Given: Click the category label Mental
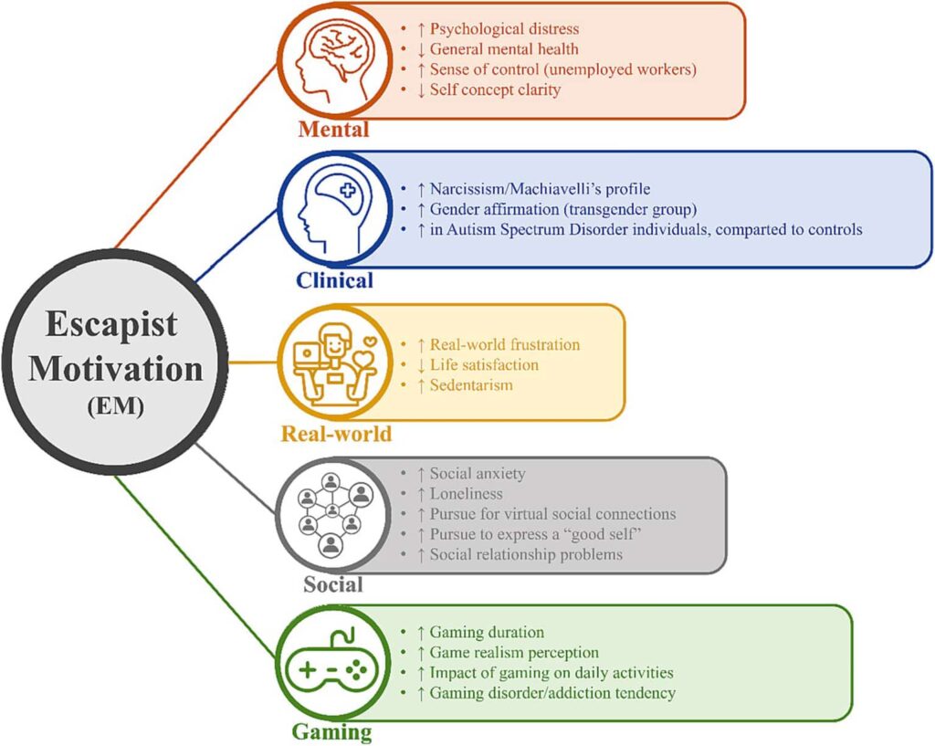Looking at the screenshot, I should pos(333,130).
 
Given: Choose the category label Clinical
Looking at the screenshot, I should pos(333,279).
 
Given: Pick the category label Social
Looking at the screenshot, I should pos(332,584).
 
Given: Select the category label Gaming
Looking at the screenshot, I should pos(332,731).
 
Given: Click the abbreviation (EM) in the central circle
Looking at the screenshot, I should pos(115,407).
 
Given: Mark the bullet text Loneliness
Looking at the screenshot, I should pos(466,494).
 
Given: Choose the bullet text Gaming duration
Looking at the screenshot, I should pos(486,632).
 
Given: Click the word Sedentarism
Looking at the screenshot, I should pos(471,384).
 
